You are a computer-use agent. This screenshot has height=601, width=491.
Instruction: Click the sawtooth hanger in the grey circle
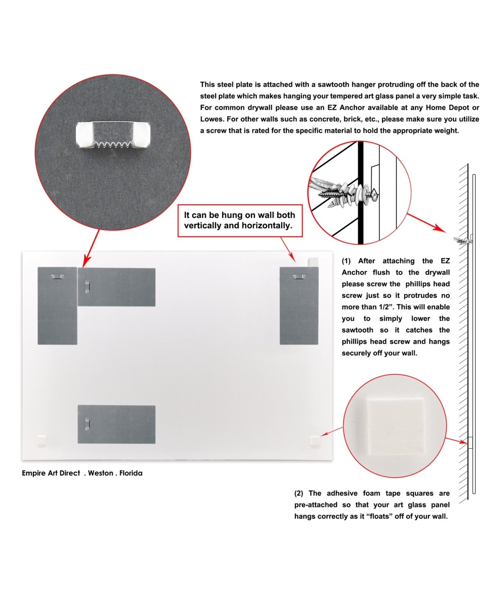[113, 136]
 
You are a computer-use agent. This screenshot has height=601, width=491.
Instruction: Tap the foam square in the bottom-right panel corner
[315, 441]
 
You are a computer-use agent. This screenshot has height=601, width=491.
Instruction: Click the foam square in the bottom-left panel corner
[42, 441]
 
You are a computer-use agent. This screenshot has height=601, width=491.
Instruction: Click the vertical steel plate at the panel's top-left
[57, 306]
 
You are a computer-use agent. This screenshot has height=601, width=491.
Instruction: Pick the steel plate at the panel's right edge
[299, 306]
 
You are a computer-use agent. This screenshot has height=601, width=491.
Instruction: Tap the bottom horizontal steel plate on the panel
[117, 424]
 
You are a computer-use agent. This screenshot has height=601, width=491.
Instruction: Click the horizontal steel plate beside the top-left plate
[117, 287]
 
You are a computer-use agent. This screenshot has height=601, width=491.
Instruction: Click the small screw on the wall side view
[463, 241]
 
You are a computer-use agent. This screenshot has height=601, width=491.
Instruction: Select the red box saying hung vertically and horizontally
[240, 220]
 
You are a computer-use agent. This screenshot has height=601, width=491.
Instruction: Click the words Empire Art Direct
[51, 473]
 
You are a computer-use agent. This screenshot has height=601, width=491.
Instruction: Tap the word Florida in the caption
[131, 473]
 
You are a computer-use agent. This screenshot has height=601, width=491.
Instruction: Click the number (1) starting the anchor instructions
[346, 261]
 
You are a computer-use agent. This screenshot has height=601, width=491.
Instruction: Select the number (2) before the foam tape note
[299, 493]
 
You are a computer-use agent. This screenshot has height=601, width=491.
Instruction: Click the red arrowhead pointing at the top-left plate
[86, 261]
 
